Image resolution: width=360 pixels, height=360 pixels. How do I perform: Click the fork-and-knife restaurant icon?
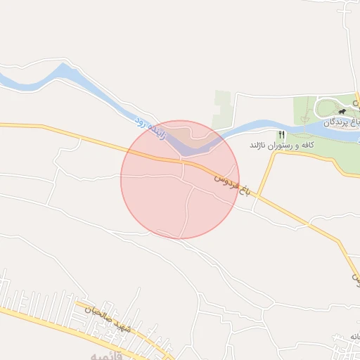[282, 134]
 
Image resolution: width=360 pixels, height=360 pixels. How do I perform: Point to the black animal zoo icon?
[342, 111]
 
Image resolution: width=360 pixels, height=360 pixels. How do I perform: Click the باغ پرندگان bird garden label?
[342, 122]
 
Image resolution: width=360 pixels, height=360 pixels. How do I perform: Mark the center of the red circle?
[180, 179]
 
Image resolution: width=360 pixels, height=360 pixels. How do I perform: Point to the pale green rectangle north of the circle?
[222, 109]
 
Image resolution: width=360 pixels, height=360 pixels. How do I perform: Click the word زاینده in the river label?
[157, 130]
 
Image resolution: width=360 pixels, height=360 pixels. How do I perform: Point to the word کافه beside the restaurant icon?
[306, 146]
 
